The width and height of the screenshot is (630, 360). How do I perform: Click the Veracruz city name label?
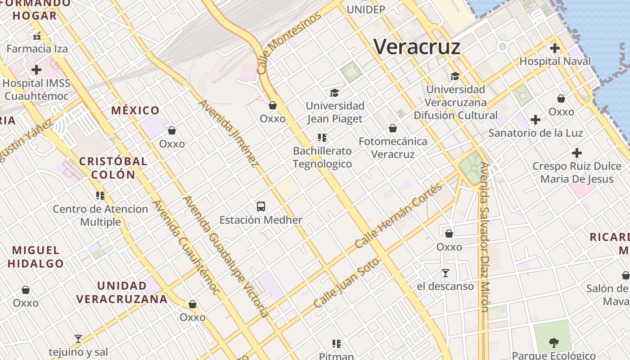coord(417,47)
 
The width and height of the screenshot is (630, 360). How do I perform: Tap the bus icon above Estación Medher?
coord(261,207)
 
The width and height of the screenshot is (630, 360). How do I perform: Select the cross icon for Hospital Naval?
coord(555,48)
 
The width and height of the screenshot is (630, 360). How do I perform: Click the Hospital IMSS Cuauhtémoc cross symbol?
coord(36,70)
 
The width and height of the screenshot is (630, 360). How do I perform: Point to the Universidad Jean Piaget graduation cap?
coord(334,93)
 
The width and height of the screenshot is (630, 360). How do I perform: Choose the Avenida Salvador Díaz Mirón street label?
coord(484,237)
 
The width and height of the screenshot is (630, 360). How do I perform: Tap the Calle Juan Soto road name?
coord(346,283)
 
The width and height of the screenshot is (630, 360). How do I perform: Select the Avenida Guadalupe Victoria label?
coord(225,256)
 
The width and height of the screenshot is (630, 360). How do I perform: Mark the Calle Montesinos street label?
coord(289,43)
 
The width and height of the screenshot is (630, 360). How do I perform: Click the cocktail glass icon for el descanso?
coord(445,273)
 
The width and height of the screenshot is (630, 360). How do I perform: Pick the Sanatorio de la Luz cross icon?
coord(535,120)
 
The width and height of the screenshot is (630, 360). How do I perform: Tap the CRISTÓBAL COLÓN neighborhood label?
coord(113,168)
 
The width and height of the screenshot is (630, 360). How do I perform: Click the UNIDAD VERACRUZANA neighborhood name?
coord(122,292)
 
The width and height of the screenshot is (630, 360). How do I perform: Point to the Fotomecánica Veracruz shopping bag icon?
coord(393,128)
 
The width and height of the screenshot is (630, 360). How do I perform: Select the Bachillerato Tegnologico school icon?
coord(322,138)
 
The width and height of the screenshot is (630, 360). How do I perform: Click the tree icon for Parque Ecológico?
coord(553,343)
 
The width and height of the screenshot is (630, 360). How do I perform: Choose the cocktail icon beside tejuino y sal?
coord(78,339)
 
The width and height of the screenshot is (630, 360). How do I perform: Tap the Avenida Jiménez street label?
coord(229,133)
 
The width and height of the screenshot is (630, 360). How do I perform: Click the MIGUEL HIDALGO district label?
coord(36,257)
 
